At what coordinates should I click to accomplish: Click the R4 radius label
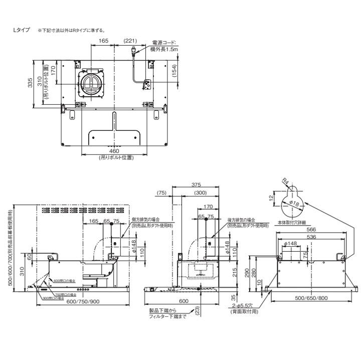[285, 182]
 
